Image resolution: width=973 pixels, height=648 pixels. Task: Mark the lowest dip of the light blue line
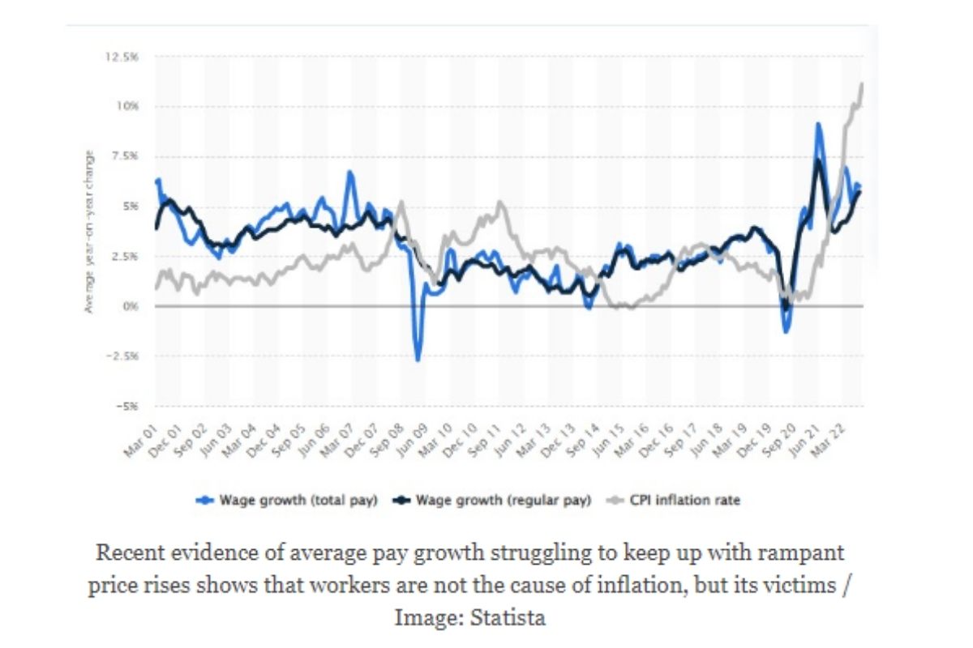[418, 360]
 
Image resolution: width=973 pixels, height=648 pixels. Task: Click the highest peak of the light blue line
[819, 124]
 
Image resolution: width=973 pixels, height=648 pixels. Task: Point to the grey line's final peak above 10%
[861, 84]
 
